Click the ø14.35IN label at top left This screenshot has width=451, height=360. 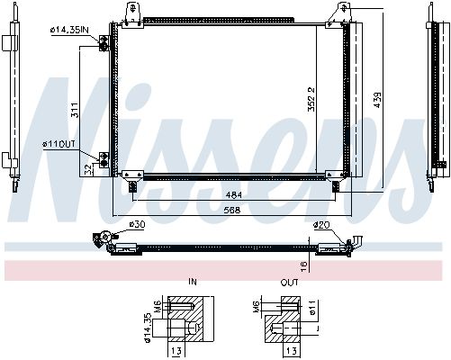(x=69, y=30)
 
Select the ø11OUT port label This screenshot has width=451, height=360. (x=59, y=145)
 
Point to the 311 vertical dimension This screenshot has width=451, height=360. (x=75, y=110)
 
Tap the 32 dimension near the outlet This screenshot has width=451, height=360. (x=88, y=170)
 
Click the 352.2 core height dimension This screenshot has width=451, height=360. (x=311, y=99)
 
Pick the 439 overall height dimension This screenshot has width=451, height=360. (x=377, y=100)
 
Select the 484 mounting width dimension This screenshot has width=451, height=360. (x=234, y=195)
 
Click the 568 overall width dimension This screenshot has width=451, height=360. (x=232, y=210)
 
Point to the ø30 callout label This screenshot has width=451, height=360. (x=137, y=224)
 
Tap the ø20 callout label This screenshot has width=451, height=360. (x=321, y=224)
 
